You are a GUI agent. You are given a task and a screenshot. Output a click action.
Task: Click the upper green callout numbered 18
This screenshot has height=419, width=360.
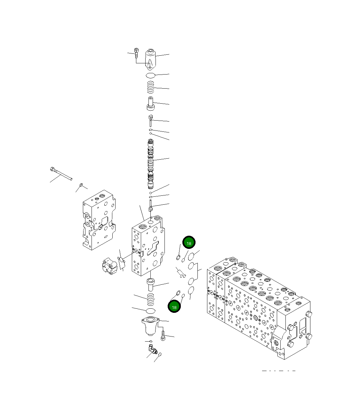[x=189, y=243]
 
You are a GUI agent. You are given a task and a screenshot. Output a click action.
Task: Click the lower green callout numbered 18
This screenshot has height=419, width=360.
[x=174, y=307]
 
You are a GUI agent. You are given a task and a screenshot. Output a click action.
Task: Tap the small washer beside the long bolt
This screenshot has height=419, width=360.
[x=81, y=185]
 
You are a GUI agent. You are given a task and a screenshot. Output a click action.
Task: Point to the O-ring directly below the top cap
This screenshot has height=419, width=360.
[x=150, y=75]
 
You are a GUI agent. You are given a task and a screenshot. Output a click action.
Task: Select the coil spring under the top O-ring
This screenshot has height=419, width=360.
[x=150, y=87]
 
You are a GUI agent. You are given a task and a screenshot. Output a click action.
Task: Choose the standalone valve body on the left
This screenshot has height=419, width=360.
[x=99, y=221]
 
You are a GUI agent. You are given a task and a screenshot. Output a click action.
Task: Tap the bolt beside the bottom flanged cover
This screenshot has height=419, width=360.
[x=163, y=336]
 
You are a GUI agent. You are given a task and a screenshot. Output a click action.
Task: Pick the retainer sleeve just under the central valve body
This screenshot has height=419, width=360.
[x=150, y=284]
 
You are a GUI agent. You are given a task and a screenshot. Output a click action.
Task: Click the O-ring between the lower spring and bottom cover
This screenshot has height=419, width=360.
[x=150, y=311]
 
